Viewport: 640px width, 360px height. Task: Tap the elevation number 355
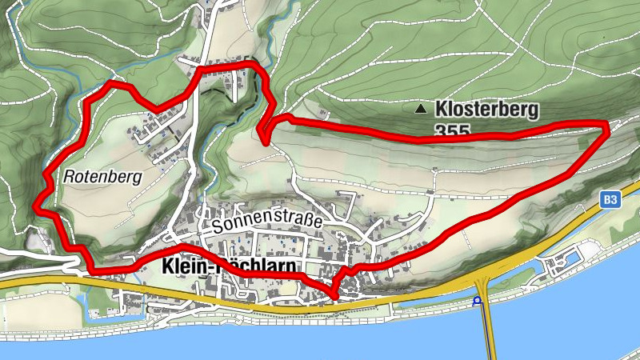click(452, 129)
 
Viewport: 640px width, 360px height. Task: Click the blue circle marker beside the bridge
click(477, 302)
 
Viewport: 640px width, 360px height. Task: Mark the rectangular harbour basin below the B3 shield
click(565, 264)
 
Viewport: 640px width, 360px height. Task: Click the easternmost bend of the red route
click(606, 125)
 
